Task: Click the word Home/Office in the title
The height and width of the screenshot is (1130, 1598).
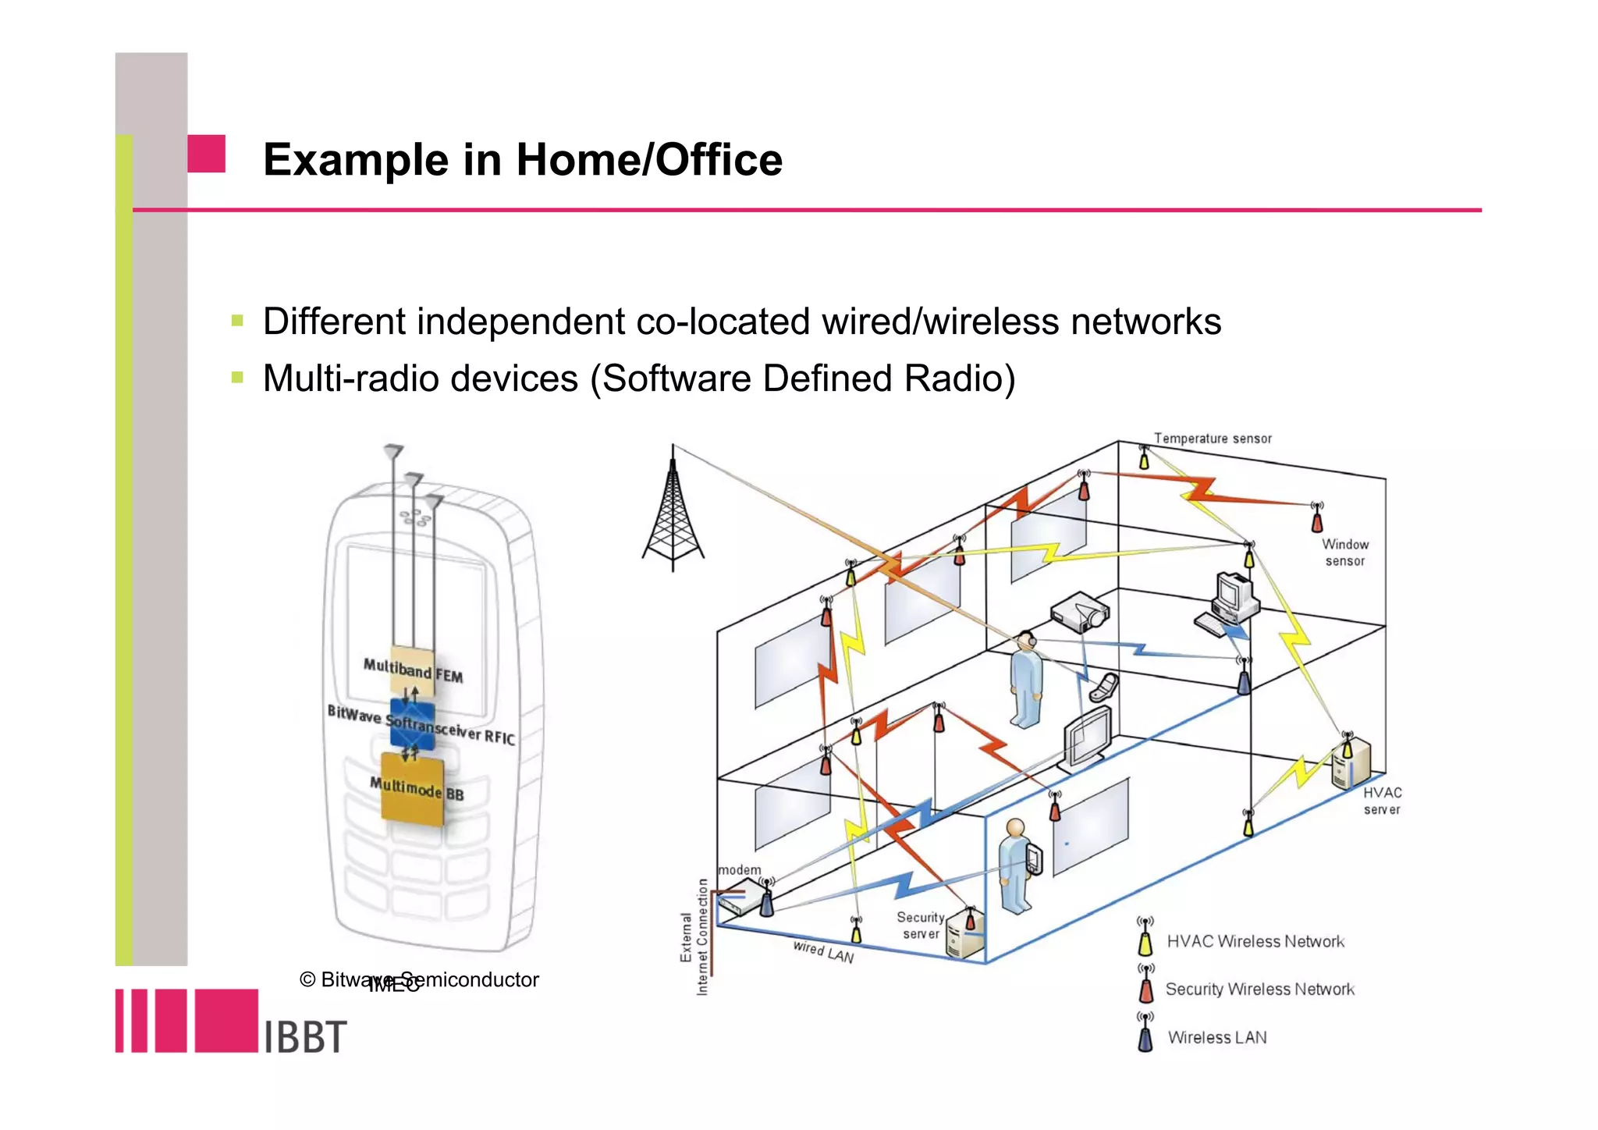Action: click(648, 160)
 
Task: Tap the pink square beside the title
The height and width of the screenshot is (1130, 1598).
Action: click(206, 154)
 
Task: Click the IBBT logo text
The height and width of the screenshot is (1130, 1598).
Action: click(305, 1037)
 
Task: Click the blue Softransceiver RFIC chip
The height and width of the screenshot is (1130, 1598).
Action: click(412, 725)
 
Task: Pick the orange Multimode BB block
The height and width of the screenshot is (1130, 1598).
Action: click(413, 788)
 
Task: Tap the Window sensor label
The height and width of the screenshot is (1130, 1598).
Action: click(1344, 553)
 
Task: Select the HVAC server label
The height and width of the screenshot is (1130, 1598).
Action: click(1382, 801)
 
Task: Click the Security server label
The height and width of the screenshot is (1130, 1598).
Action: click(921, 926)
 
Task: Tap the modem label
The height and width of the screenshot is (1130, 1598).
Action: click(739, 870)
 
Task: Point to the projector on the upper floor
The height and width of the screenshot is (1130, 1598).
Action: click(1080, 613)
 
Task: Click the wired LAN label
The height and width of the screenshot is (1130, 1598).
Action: click(823, 952)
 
